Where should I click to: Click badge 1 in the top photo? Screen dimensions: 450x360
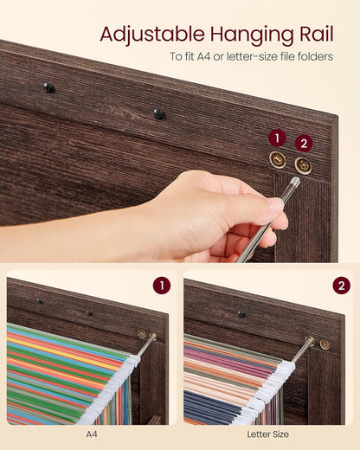point(277,138)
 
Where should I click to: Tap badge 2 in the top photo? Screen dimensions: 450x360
point(304,143)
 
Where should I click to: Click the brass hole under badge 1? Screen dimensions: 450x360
point(277,159)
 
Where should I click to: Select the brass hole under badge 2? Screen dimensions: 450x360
point(303,165)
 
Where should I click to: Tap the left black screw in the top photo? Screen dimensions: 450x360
point(48,87)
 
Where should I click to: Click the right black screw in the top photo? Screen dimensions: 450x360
point(159,113)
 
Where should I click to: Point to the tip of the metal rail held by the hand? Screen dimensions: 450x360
point(295,183)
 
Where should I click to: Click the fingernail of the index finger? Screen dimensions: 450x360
point(274,205)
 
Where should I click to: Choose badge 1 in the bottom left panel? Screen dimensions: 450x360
point(161,286)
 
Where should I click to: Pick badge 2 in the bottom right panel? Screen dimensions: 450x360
point(341,286)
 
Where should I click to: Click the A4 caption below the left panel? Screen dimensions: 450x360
point(92,434)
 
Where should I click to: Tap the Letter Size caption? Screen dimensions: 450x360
point(269,434)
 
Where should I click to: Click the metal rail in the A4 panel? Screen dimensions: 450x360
point(147,345)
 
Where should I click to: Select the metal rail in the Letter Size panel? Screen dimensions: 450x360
point(302,349)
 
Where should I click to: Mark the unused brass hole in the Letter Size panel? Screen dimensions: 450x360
point(325,344)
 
